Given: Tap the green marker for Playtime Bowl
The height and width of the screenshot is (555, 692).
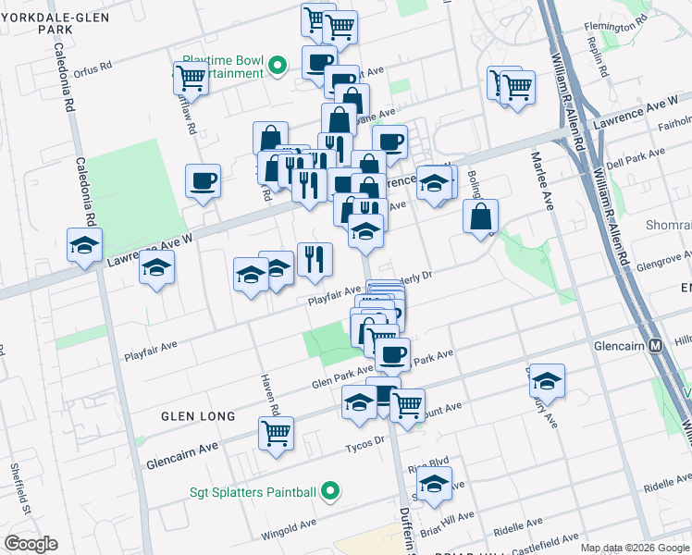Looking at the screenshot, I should coord(277,67).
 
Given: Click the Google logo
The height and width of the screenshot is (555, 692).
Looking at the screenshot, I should coord(31,544).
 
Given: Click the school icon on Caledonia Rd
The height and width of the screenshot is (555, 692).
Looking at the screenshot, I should coord(84,246).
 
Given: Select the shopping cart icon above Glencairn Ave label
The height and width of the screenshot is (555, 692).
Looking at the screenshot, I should coord(276,432).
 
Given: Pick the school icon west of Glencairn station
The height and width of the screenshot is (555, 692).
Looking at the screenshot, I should coord(547,380).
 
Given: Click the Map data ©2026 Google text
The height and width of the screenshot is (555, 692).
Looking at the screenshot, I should coord(635,548).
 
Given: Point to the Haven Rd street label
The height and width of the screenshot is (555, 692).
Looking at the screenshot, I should coord(274,395).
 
